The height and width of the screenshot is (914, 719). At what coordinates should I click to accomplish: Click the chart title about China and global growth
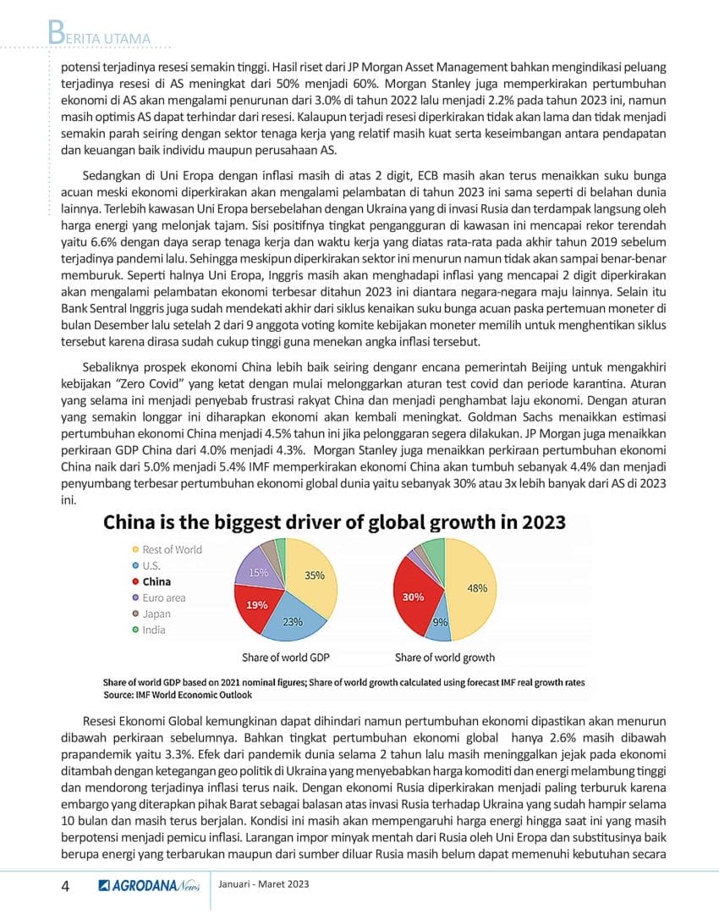(334, 521)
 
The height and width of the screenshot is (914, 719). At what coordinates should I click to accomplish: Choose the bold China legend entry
(156, 581)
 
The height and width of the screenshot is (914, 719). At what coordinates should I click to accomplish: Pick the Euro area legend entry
(163, 597)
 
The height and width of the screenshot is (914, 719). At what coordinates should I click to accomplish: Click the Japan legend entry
(156, 614)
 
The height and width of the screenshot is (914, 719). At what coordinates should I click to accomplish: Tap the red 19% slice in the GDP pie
(255, 607)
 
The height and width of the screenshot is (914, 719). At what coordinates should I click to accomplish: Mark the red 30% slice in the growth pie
(415, 597)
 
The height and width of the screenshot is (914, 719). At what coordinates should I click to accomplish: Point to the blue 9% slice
(441, 623)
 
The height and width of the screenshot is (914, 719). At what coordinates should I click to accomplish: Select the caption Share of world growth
(445, 658)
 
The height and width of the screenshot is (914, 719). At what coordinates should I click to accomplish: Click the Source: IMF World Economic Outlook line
(178, 695)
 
